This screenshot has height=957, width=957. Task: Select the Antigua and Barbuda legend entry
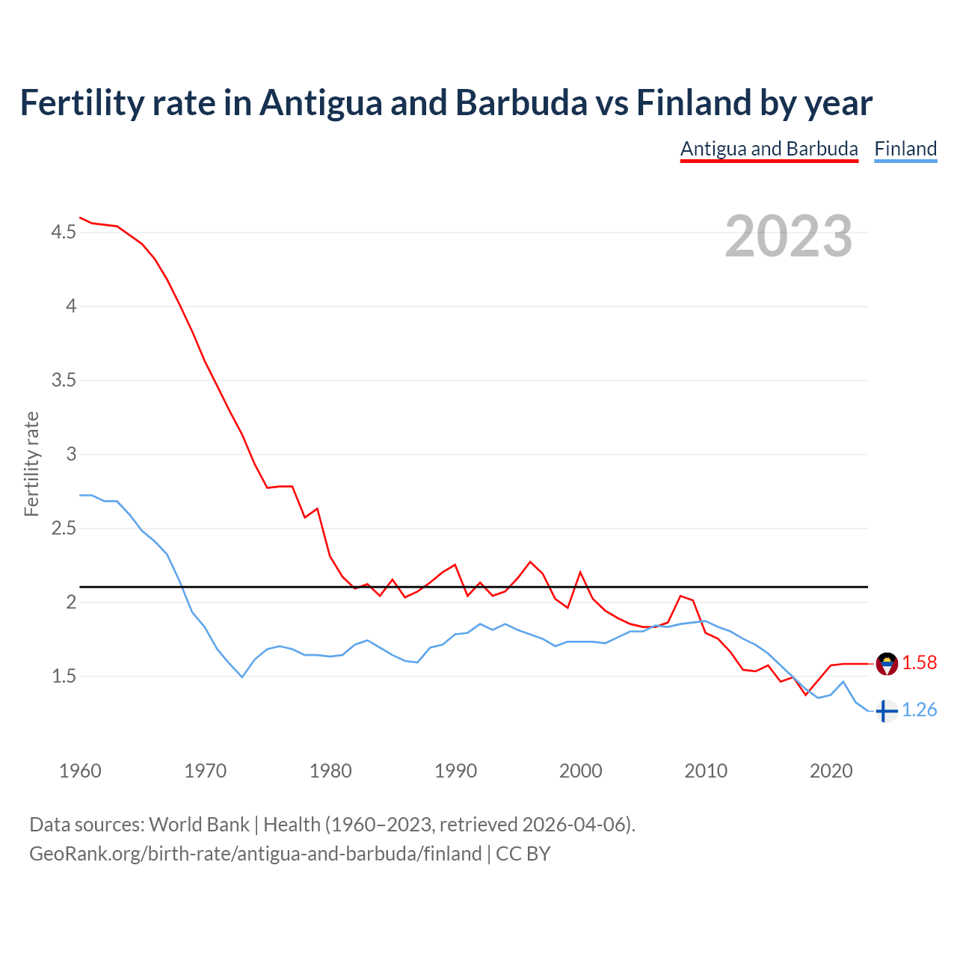[769, 149]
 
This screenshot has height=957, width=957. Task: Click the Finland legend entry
[905, 149]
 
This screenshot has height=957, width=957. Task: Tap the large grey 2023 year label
[788, 236]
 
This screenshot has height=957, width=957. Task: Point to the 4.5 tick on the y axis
[64, 233]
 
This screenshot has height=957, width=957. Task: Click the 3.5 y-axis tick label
[64, 381]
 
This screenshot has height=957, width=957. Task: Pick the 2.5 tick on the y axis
[64, 529]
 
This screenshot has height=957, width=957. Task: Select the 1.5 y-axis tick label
[64, 677]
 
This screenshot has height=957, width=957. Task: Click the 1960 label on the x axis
[80, 771]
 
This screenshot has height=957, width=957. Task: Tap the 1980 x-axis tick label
[330, 771]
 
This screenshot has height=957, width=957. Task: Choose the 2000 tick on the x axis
[581, 771]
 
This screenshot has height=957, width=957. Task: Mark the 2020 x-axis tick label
[831, 771]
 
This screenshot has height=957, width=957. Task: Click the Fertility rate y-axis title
[31, 464]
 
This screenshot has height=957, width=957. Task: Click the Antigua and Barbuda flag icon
[887, 663]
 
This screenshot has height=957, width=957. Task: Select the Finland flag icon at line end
[887, 711]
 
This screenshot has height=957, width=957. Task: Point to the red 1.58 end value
[919, 663]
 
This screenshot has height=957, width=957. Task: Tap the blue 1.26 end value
[919, 710]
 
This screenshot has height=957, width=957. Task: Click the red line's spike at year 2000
[580, 573]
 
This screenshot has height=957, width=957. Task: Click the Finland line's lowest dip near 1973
[241, 677]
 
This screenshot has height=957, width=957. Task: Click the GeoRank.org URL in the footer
[256, 854]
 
